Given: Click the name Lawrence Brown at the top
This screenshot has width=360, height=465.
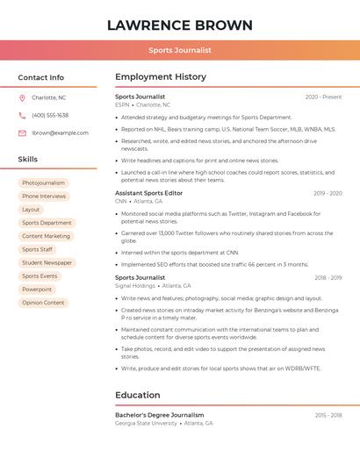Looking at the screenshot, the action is pos(180,25).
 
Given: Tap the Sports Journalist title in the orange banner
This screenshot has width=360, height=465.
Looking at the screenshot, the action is pos(180,50).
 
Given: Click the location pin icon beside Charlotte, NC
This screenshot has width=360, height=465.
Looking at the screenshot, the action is pos(22,97).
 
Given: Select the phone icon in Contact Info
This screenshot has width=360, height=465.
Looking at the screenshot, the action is pos(22,115).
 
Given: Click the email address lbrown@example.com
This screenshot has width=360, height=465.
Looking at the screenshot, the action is pos(60,132).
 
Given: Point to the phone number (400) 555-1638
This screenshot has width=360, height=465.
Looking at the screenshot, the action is pos(50,115).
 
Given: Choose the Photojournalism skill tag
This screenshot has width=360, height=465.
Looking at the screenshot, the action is pos(43,183).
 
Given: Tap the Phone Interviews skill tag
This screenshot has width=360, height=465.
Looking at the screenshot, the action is pos(44,197).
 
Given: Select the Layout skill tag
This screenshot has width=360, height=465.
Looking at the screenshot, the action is pos(31,210).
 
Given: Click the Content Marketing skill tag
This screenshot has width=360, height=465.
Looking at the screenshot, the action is pos(46,236).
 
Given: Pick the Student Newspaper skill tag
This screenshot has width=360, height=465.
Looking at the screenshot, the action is pos(47,262).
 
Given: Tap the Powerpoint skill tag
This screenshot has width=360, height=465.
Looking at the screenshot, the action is pos(37,289).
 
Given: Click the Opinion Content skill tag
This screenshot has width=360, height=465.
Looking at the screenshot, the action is pos(43,303).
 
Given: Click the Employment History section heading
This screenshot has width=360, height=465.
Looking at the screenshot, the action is pos(161,77).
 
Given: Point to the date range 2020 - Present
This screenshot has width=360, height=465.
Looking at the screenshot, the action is pos(323,97).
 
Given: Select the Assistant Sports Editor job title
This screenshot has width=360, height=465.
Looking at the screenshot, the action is pos(149,192).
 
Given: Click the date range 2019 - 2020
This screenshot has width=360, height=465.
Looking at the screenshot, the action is pos(328,193).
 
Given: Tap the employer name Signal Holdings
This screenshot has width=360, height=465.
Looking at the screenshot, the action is pos(135,285).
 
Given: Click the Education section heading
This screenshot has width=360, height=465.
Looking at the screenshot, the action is pos(138,395).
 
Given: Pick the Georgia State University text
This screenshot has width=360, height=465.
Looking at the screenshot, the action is pos(146,423).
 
